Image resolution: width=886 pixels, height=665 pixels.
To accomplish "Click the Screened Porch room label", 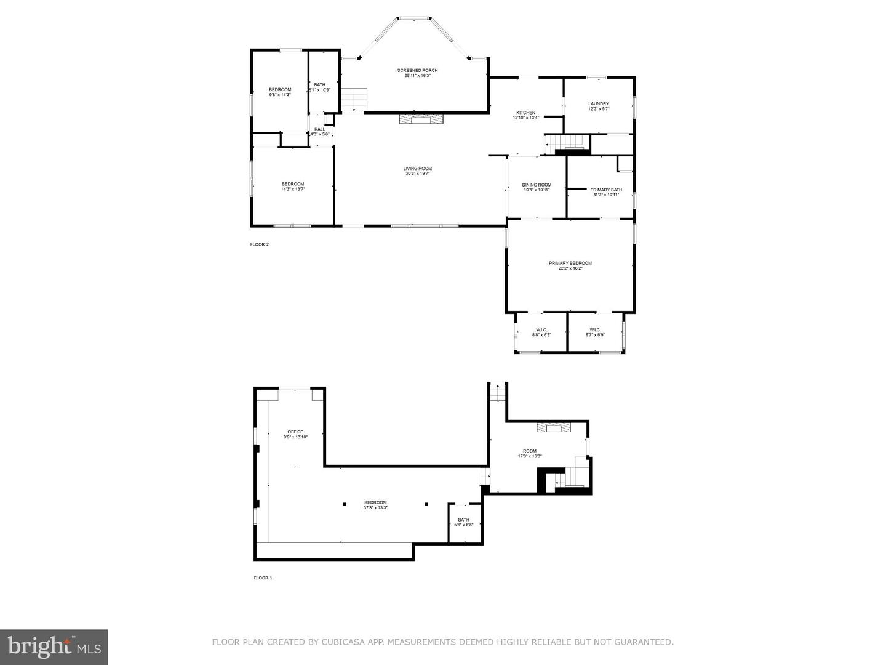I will click(417, 73).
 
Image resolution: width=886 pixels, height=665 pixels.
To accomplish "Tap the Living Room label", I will click(417, 171).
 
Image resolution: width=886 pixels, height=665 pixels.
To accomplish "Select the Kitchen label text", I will click(525, 115).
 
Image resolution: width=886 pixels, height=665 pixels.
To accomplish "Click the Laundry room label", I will click(598, 106).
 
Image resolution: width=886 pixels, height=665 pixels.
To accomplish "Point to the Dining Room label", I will click(537, 187).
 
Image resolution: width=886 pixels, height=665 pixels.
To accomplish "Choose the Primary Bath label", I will click(606, 192).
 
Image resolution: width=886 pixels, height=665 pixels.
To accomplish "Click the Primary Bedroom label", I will click(570, 265).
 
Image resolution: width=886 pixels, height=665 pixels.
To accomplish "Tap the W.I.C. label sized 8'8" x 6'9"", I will click(541, 332).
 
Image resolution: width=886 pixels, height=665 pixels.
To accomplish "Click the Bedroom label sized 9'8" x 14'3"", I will click(280, 92).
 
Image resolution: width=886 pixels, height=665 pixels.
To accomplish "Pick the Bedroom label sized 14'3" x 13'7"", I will click(293, 187).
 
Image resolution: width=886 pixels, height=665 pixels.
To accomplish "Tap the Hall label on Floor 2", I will click(320, 131).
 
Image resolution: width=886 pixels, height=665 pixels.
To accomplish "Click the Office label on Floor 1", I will click(295, 434).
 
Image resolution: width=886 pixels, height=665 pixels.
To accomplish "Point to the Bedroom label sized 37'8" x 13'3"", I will click(375, 505).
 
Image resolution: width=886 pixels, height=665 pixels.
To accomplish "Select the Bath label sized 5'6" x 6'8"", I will click(463, 522).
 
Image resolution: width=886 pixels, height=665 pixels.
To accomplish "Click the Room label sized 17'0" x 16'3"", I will click(530, 453).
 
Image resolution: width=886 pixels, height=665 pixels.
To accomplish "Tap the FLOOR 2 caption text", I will click(259, 244).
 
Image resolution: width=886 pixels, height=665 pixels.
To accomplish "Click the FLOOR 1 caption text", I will click(263, 578).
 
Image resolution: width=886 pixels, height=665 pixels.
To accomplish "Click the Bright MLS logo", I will click(54, 647).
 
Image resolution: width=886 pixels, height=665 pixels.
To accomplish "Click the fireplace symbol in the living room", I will click(421, 119).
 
